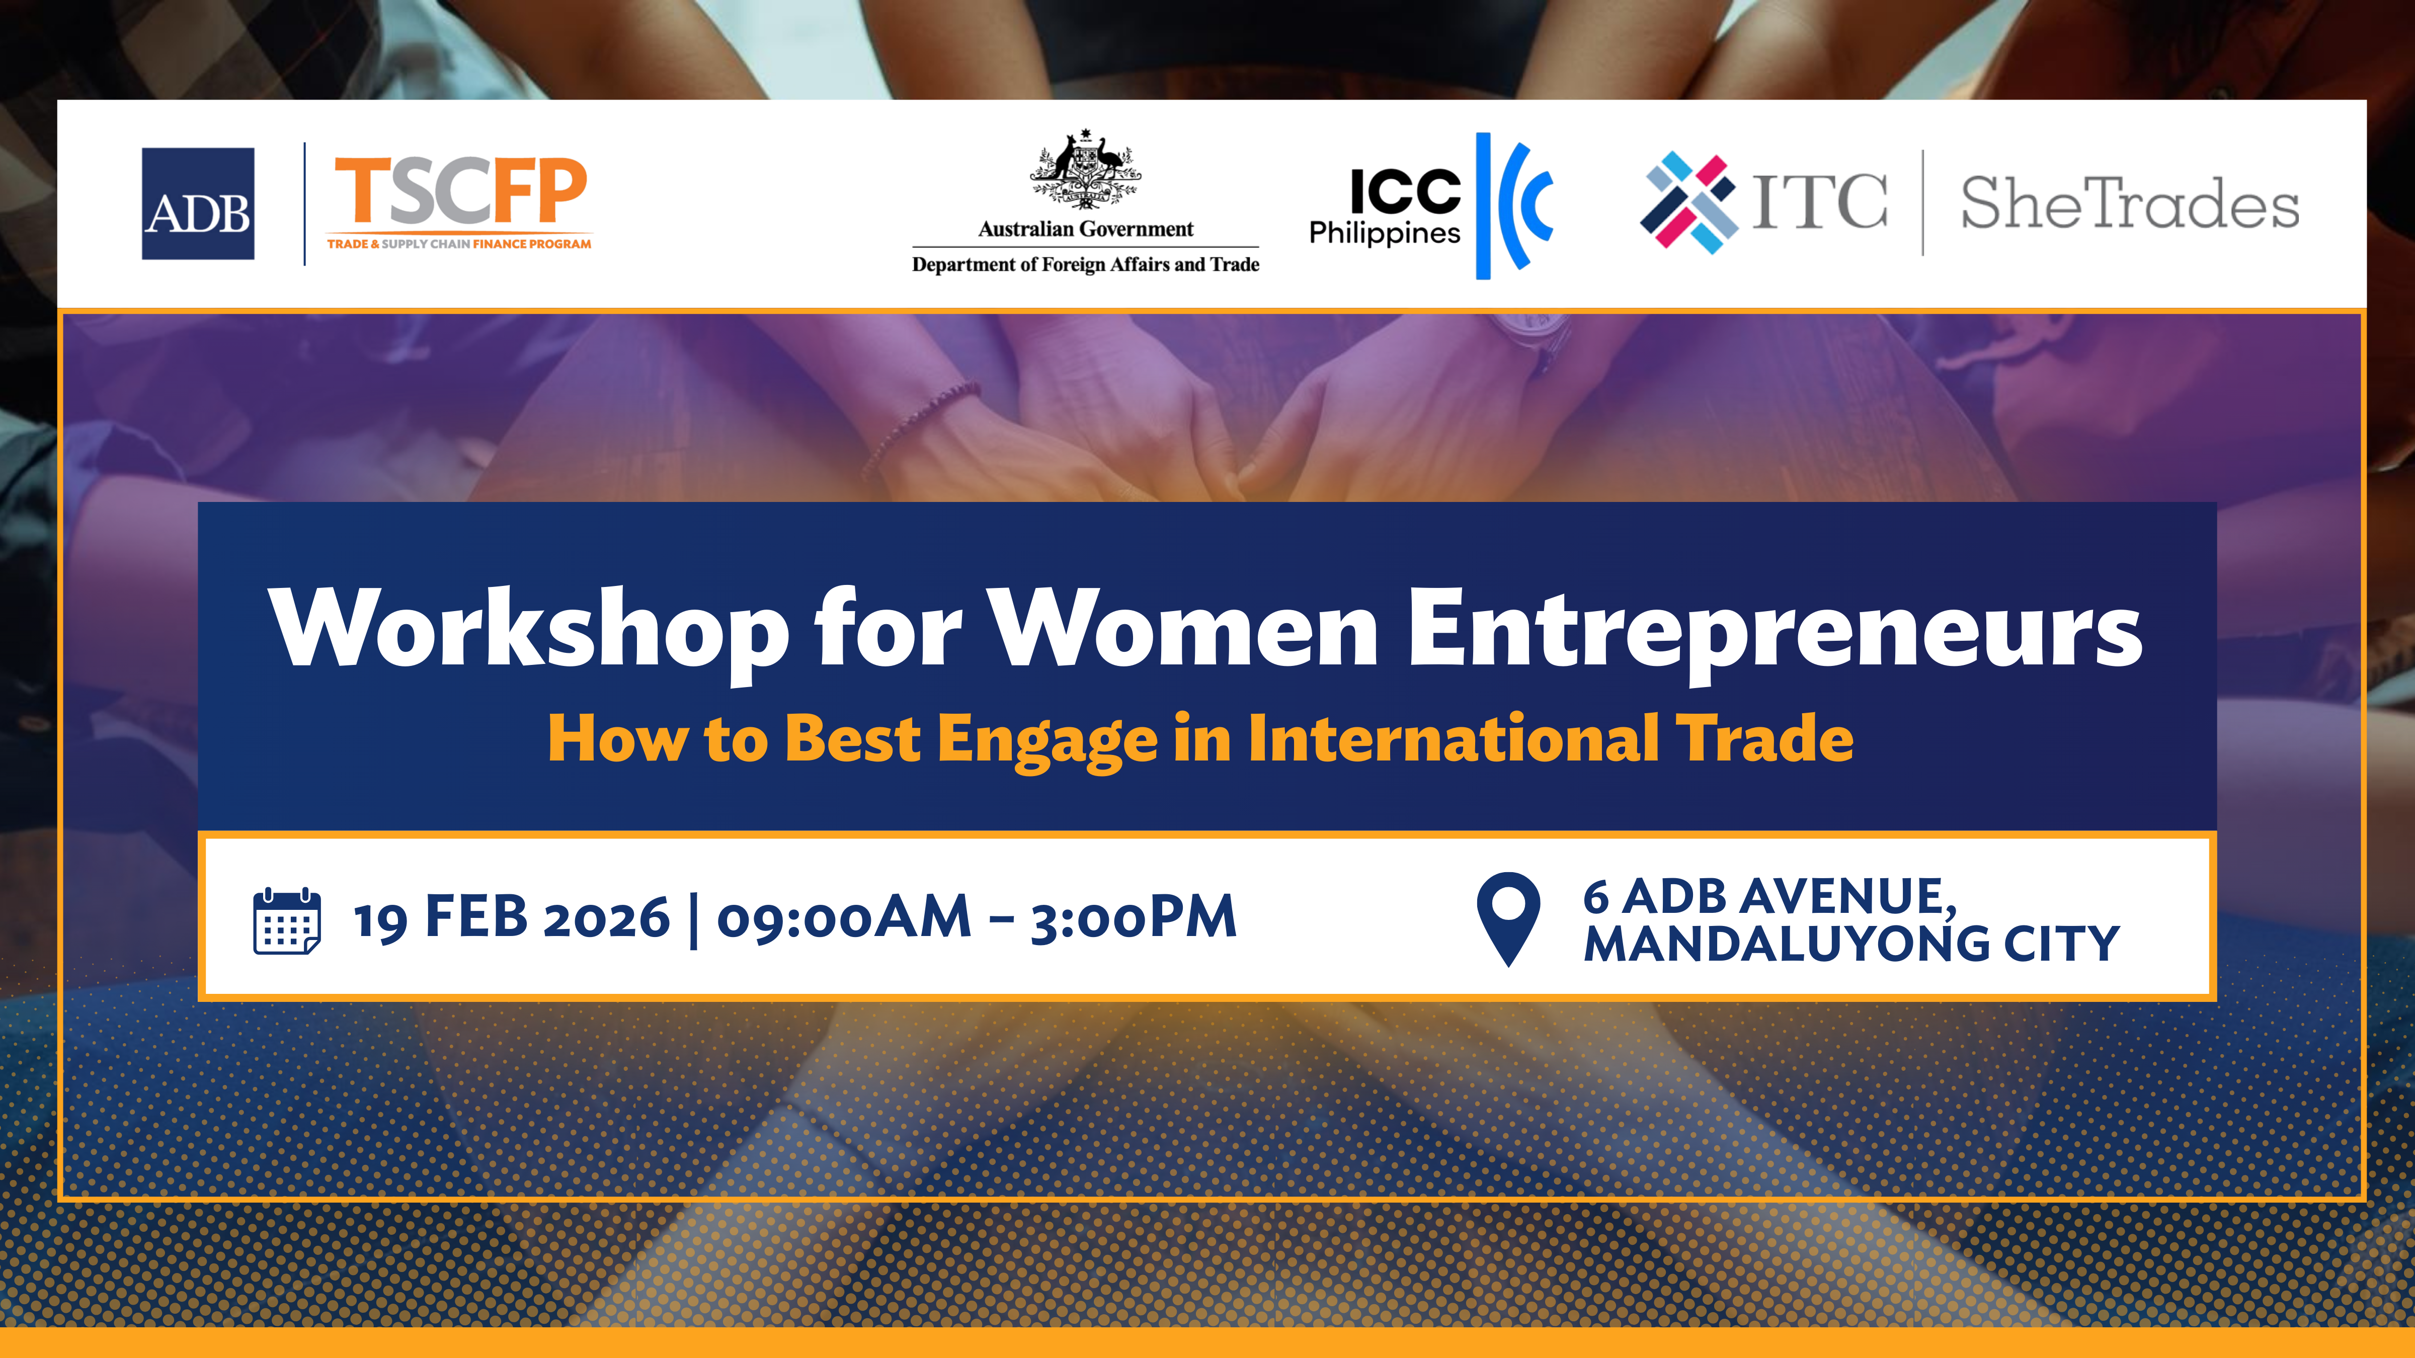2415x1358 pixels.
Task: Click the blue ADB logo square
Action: tap(198, 203)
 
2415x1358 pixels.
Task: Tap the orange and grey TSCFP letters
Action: tap(460, 191)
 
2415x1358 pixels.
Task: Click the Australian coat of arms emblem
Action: tap(1086, 168)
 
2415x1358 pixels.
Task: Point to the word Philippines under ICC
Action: tap(1385, 233)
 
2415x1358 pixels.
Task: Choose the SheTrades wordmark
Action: tap(2130, 203)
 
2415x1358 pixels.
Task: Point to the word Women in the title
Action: tap(1183, 628)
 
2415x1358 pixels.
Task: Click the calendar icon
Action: tap(287, 921)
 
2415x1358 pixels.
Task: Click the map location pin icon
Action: tap(1508, 918)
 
